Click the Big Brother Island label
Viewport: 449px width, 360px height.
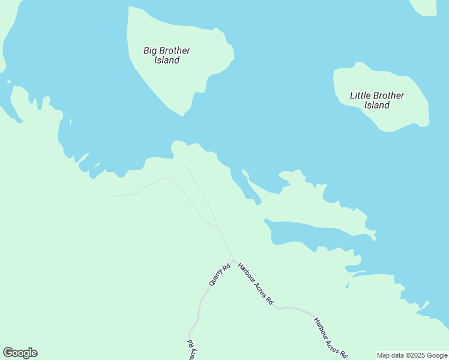[166, 55]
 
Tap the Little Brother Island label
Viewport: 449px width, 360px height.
[377, 100]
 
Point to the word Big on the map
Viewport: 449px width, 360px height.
[149, 50]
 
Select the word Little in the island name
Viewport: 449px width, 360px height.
[360, 95]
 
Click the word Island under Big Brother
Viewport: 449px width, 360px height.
[166, 61]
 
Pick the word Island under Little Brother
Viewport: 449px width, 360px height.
[377, 106]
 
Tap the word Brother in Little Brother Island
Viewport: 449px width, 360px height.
[389, 95]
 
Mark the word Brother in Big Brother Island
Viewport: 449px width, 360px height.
[173, 50]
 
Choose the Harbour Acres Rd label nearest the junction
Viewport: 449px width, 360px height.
[255, 284]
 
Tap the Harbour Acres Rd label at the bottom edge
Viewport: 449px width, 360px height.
[330, 338]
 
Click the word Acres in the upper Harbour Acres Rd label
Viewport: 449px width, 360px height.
[257, 286]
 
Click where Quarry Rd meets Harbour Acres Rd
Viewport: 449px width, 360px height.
[233, 261]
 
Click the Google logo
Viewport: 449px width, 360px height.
[20, 353]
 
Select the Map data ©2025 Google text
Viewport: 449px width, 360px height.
[412, 355]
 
